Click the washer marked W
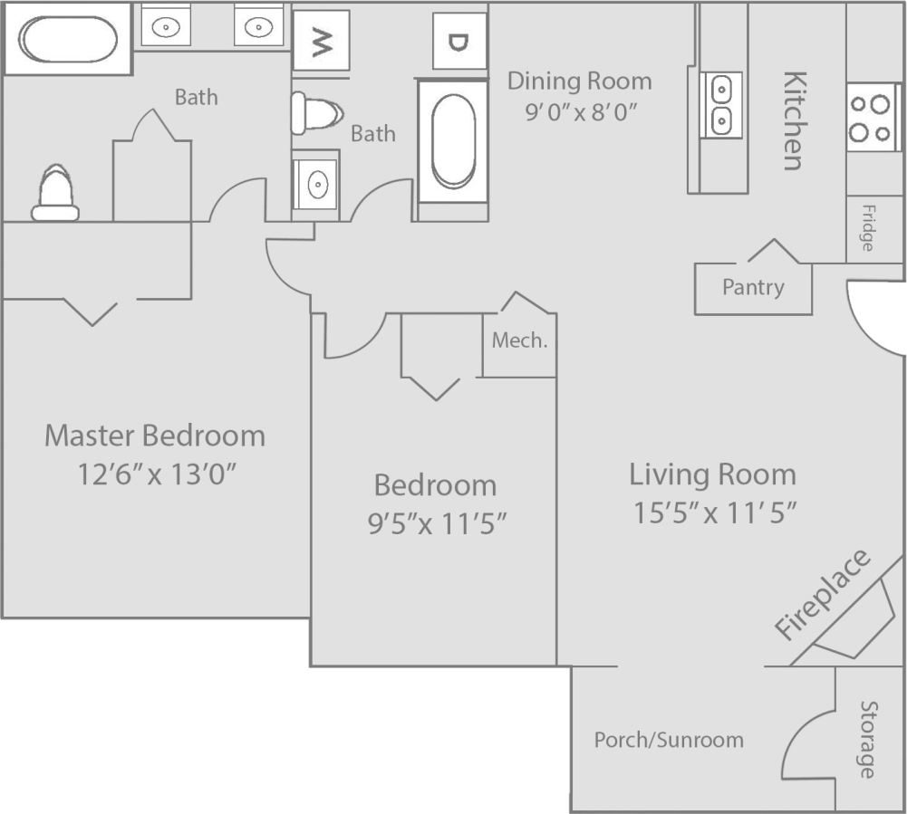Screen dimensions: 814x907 pyautogui.click(x=321, y=41)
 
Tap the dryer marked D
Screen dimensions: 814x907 pyautogui.click(x=459, y=41)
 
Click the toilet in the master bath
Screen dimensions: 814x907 pyautogui.click(x=55, y=193)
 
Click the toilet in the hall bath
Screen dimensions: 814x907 pyautogui.click(x=316, y=114)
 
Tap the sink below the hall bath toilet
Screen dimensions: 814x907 pyautogui.click(x=316, y=185)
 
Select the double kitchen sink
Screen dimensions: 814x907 pyautogui.click(x=721, y=104)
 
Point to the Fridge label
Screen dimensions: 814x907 pyautogui.click(x=867, y=229)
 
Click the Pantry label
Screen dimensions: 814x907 pyautogui.click(x=753, y=287)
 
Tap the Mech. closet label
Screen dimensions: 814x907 pyautogui.click(x=519, y=340)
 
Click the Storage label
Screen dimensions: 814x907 pyautogui.click(x=867, y=739)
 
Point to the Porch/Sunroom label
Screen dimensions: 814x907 pyautogui.click(x=669, y=740)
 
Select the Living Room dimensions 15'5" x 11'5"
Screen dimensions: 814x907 pyautogui.click(x=714, y=512)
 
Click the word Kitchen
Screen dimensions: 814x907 pyautogui.click(x=794, y=120)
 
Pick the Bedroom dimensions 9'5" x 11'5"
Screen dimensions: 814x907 pyautogui.click(x=436, y=523)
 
